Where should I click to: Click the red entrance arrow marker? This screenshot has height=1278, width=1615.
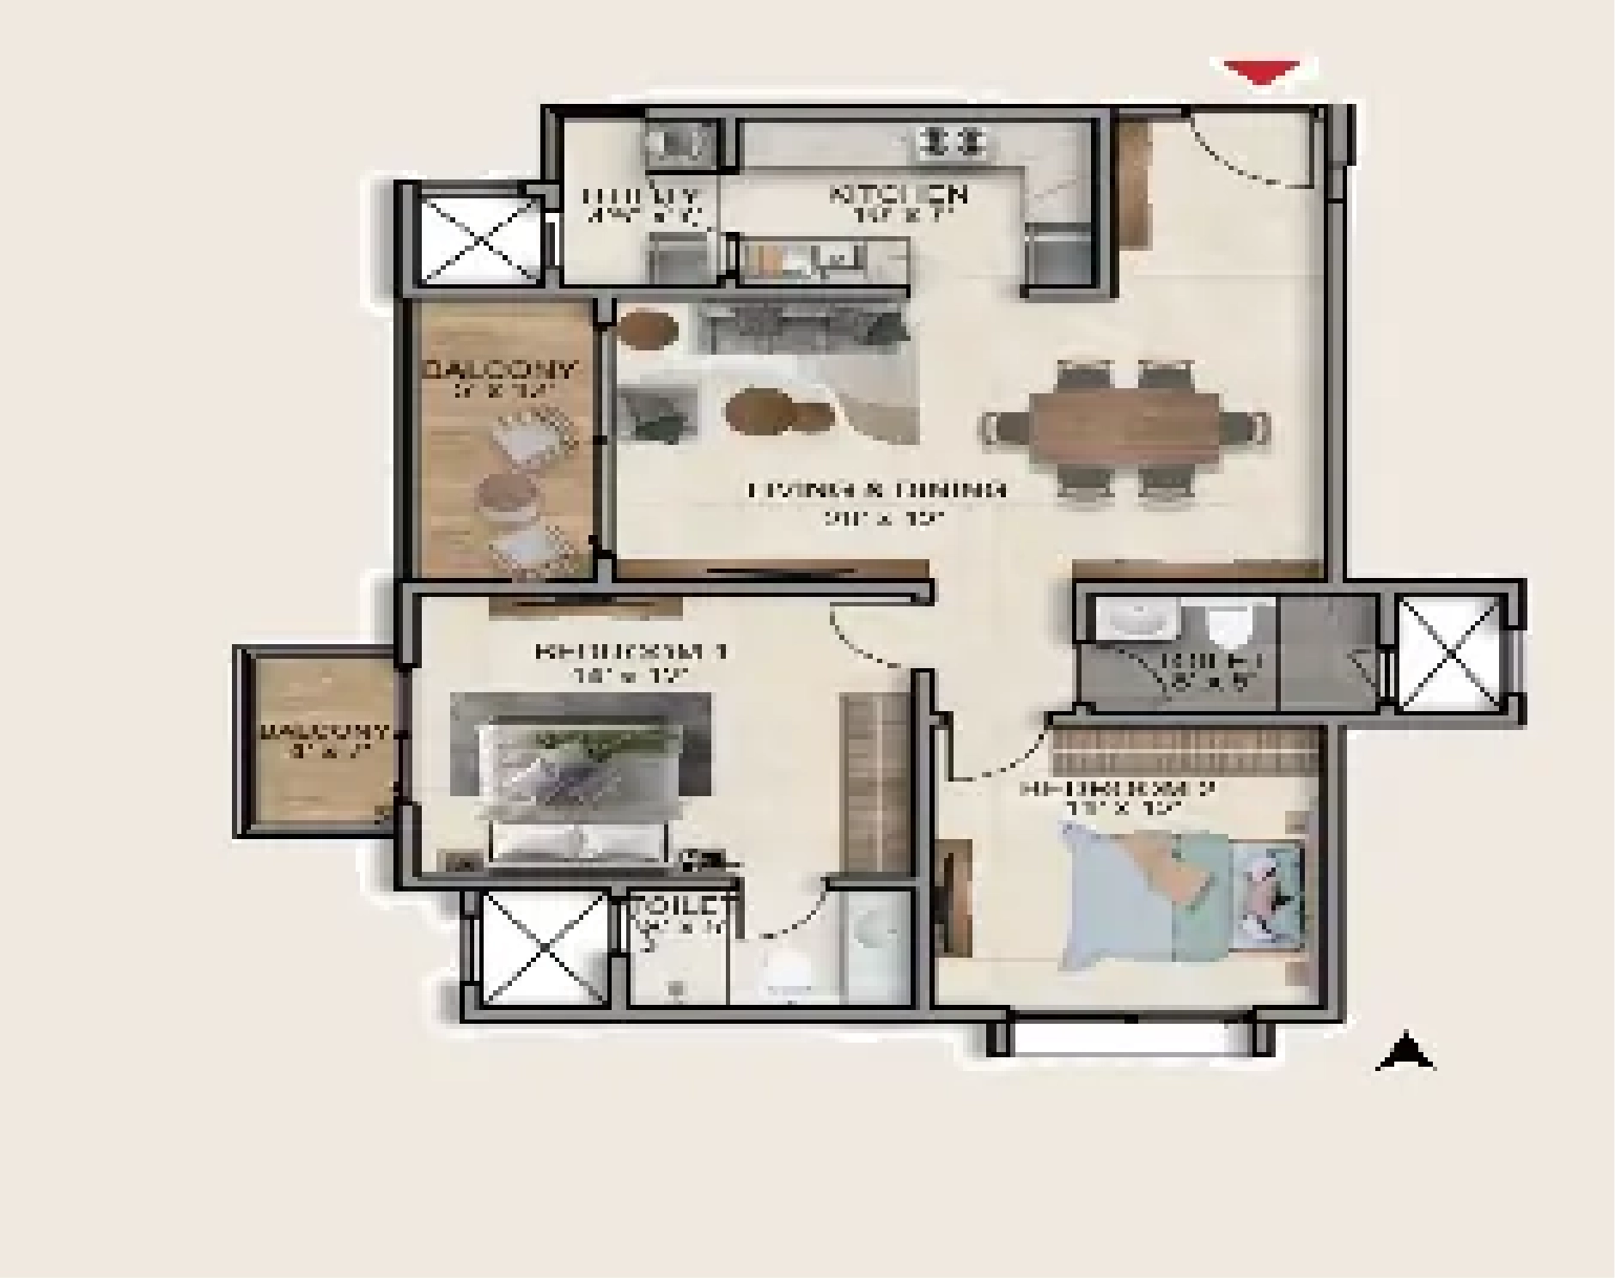1261,72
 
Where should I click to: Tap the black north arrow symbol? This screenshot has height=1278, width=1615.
1405,1053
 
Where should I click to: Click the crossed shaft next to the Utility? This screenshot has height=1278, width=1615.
478,236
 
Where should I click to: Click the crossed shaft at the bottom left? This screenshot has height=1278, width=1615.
544,948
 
